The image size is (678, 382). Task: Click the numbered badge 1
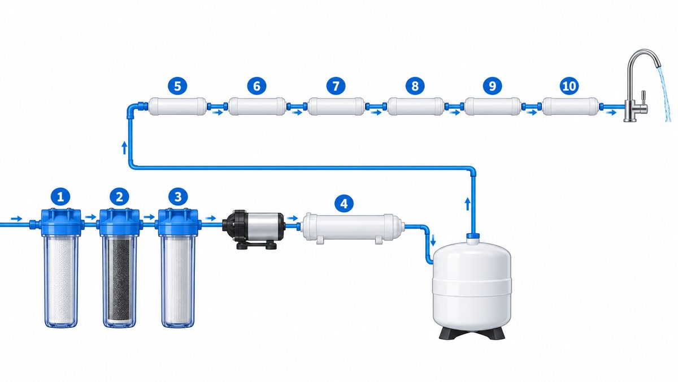pos(60,197)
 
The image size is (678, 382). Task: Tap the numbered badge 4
pos(344,203)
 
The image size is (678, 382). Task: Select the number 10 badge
pos(569,86)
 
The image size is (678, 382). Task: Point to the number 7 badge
pos(336,86)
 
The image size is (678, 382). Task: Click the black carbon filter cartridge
pos(120,281)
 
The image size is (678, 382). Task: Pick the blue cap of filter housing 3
pos(178,222)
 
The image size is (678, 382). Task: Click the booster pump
pos(254,229)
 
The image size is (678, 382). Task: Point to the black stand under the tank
pos(472,333)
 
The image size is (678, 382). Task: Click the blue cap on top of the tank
pos(473,235)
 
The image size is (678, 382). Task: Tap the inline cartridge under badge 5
pos(177,106)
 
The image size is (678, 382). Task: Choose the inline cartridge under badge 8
pos(415,106)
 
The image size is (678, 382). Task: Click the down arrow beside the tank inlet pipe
pos(433,240)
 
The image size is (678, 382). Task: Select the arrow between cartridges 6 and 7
pos(297,113)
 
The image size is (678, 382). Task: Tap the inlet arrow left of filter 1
pos(16,218)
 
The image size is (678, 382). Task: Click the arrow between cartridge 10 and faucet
pos(611,113)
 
